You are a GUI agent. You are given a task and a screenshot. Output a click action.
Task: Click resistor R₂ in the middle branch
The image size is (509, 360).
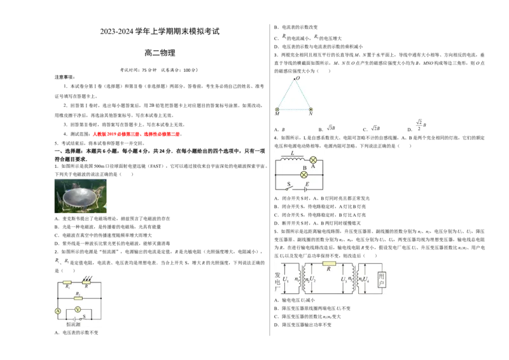pyautogui.click(x=78, y=298)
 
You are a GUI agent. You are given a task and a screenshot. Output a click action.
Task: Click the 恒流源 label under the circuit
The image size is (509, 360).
pyautogui.click(x=78, y=324)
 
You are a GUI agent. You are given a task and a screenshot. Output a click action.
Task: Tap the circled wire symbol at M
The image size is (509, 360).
pyautogui.click(x=277, y=110)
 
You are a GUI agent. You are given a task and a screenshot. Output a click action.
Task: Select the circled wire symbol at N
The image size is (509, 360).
pyautogui.click(x=310, y=110)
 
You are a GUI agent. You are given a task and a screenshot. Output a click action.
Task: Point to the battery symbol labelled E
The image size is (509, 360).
pyautogui.click(x=306, y=188)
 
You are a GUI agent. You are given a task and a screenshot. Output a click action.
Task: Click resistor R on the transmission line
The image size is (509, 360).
pyautogui.click(x=329, y=263)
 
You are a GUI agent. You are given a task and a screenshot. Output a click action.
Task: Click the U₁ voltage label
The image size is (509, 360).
pyautogui.click(x=286, y=279)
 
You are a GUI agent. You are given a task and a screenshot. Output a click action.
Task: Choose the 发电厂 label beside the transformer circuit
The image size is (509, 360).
pyautogui.click(x=277, y=280)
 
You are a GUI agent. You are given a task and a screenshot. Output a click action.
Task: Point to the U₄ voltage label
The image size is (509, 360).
pyautogui.click(x=371, y=279)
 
